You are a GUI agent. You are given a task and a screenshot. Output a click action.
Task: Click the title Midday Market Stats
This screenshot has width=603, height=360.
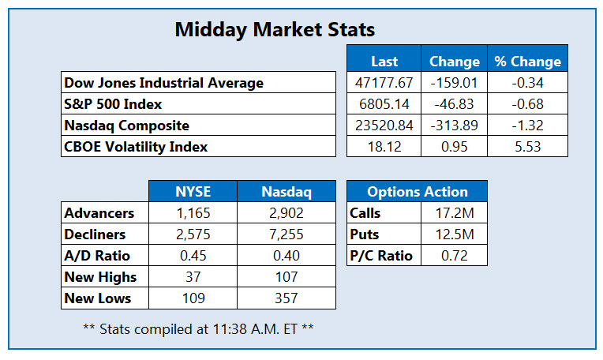click(x=274, y=30)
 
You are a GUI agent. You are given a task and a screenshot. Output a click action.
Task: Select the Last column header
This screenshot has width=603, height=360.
click(x=384, y=61)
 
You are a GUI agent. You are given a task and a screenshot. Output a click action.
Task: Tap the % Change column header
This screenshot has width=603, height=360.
click(x=527, y=61)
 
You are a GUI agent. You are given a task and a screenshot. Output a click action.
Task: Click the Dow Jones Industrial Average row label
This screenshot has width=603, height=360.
click(x=163, y=82)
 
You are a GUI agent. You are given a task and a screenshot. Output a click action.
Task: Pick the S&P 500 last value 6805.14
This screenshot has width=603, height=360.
click(x=384, y=103)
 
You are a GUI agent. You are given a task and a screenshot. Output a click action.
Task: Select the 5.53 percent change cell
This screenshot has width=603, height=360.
click(x=527, y=146)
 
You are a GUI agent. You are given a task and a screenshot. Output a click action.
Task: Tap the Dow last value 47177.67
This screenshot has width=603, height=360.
click(x=384, y=82)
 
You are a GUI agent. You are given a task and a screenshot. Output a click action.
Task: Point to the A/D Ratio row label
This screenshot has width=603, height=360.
click(x=98, y=255)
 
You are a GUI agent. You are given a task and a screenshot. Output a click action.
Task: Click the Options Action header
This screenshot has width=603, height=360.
click(x=417, y=191)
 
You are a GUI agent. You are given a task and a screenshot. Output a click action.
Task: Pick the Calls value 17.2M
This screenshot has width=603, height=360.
click(x=451, y=212)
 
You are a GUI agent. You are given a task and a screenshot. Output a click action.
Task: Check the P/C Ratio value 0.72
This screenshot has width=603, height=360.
click(x=451, y=255)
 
